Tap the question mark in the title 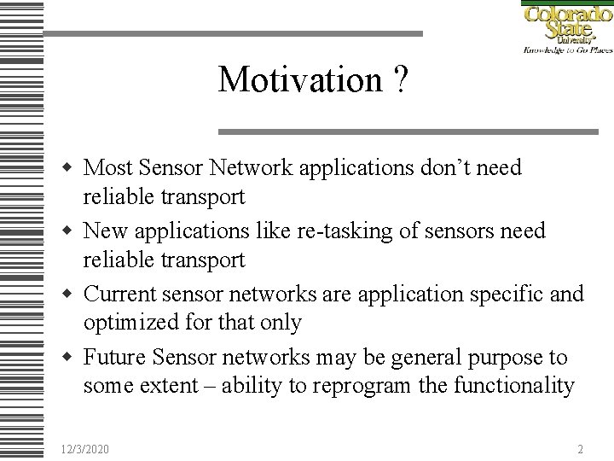pos(400,80)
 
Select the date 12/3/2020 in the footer pos(85,449)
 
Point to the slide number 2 pos(580,449)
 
